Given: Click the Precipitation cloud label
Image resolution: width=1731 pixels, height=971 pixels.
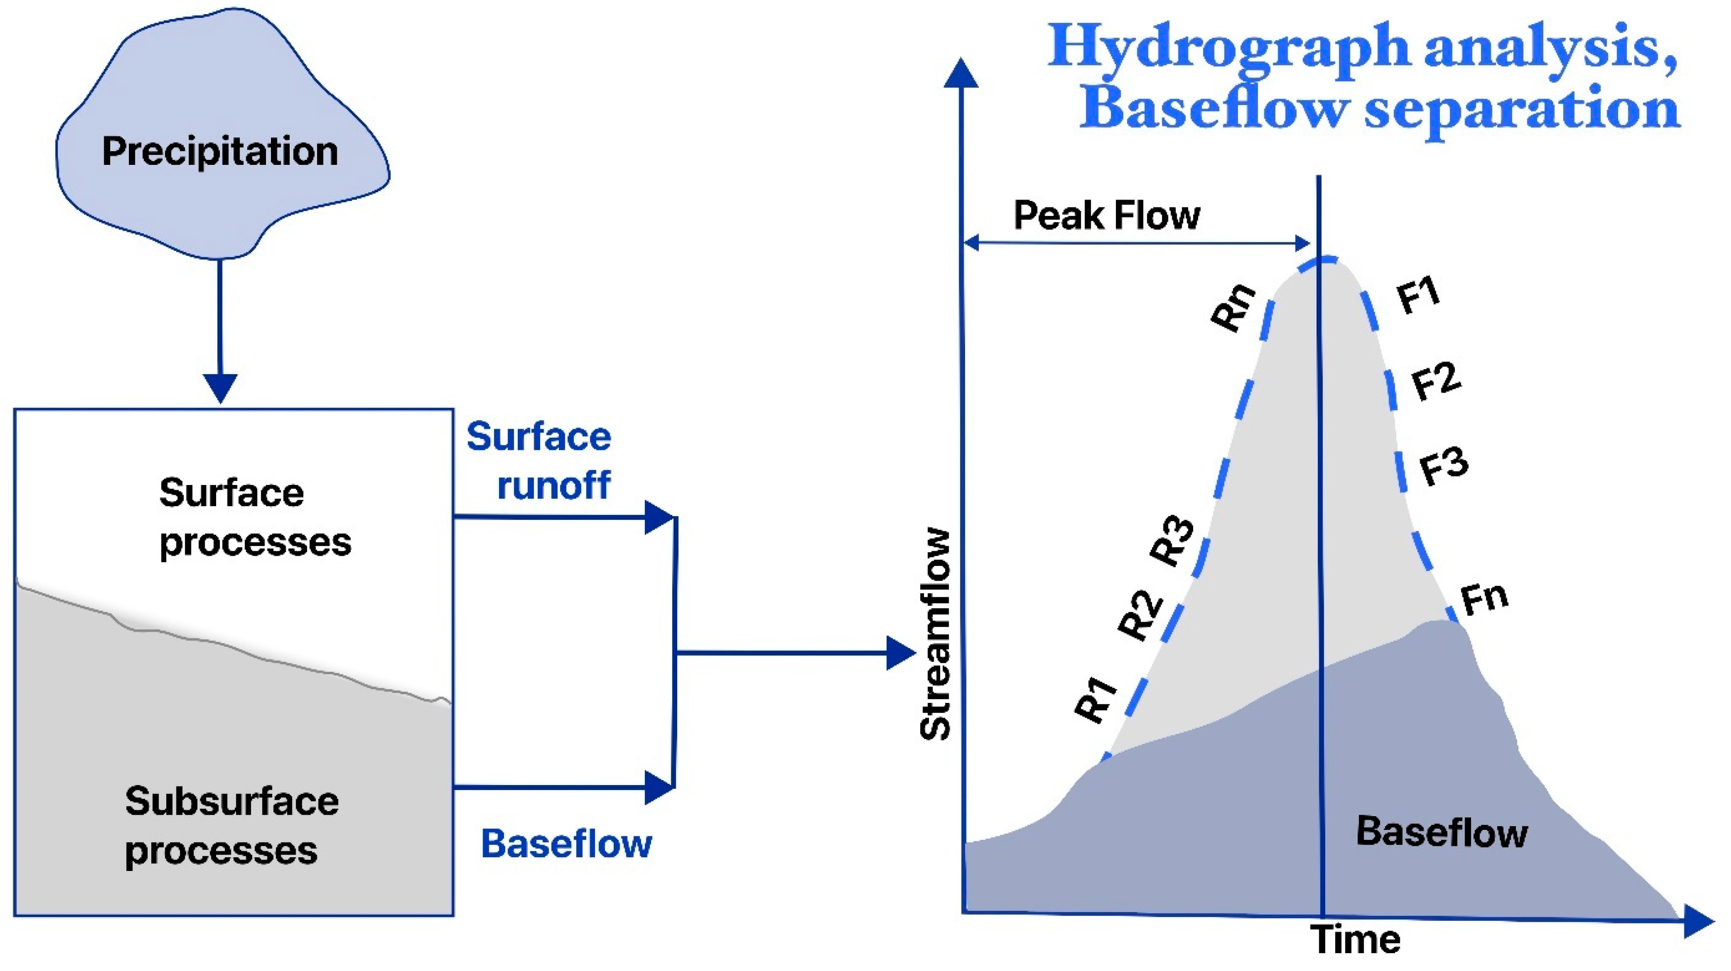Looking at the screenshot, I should pyautogui.click(x=220, y=152).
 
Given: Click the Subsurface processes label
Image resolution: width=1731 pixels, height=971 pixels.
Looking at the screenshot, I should pyautogui.click(x=231, y=826).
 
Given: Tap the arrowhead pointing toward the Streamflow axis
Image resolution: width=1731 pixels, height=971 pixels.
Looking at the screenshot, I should pyautogui.click(x=900, y=653).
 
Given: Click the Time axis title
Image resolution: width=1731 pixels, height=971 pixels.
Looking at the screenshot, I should pyautogui.click(x=1356, y=940).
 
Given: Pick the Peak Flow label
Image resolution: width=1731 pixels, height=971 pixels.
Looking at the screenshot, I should pyautogui.click(x=1107, y=216).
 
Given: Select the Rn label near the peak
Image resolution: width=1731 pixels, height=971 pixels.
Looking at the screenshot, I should pyautogui.click(x=1234, y=307).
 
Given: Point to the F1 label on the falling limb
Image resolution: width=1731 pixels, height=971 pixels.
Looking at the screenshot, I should pyautogui.click(x=1418, y=296).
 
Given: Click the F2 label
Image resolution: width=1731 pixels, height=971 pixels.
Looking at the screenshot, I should pyautogui.click(x=1436, y=381).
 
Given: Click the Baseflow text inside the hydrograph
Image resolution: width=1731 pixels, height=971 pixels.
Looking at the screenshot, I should pyautogui.click(x=1442, y=832).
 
